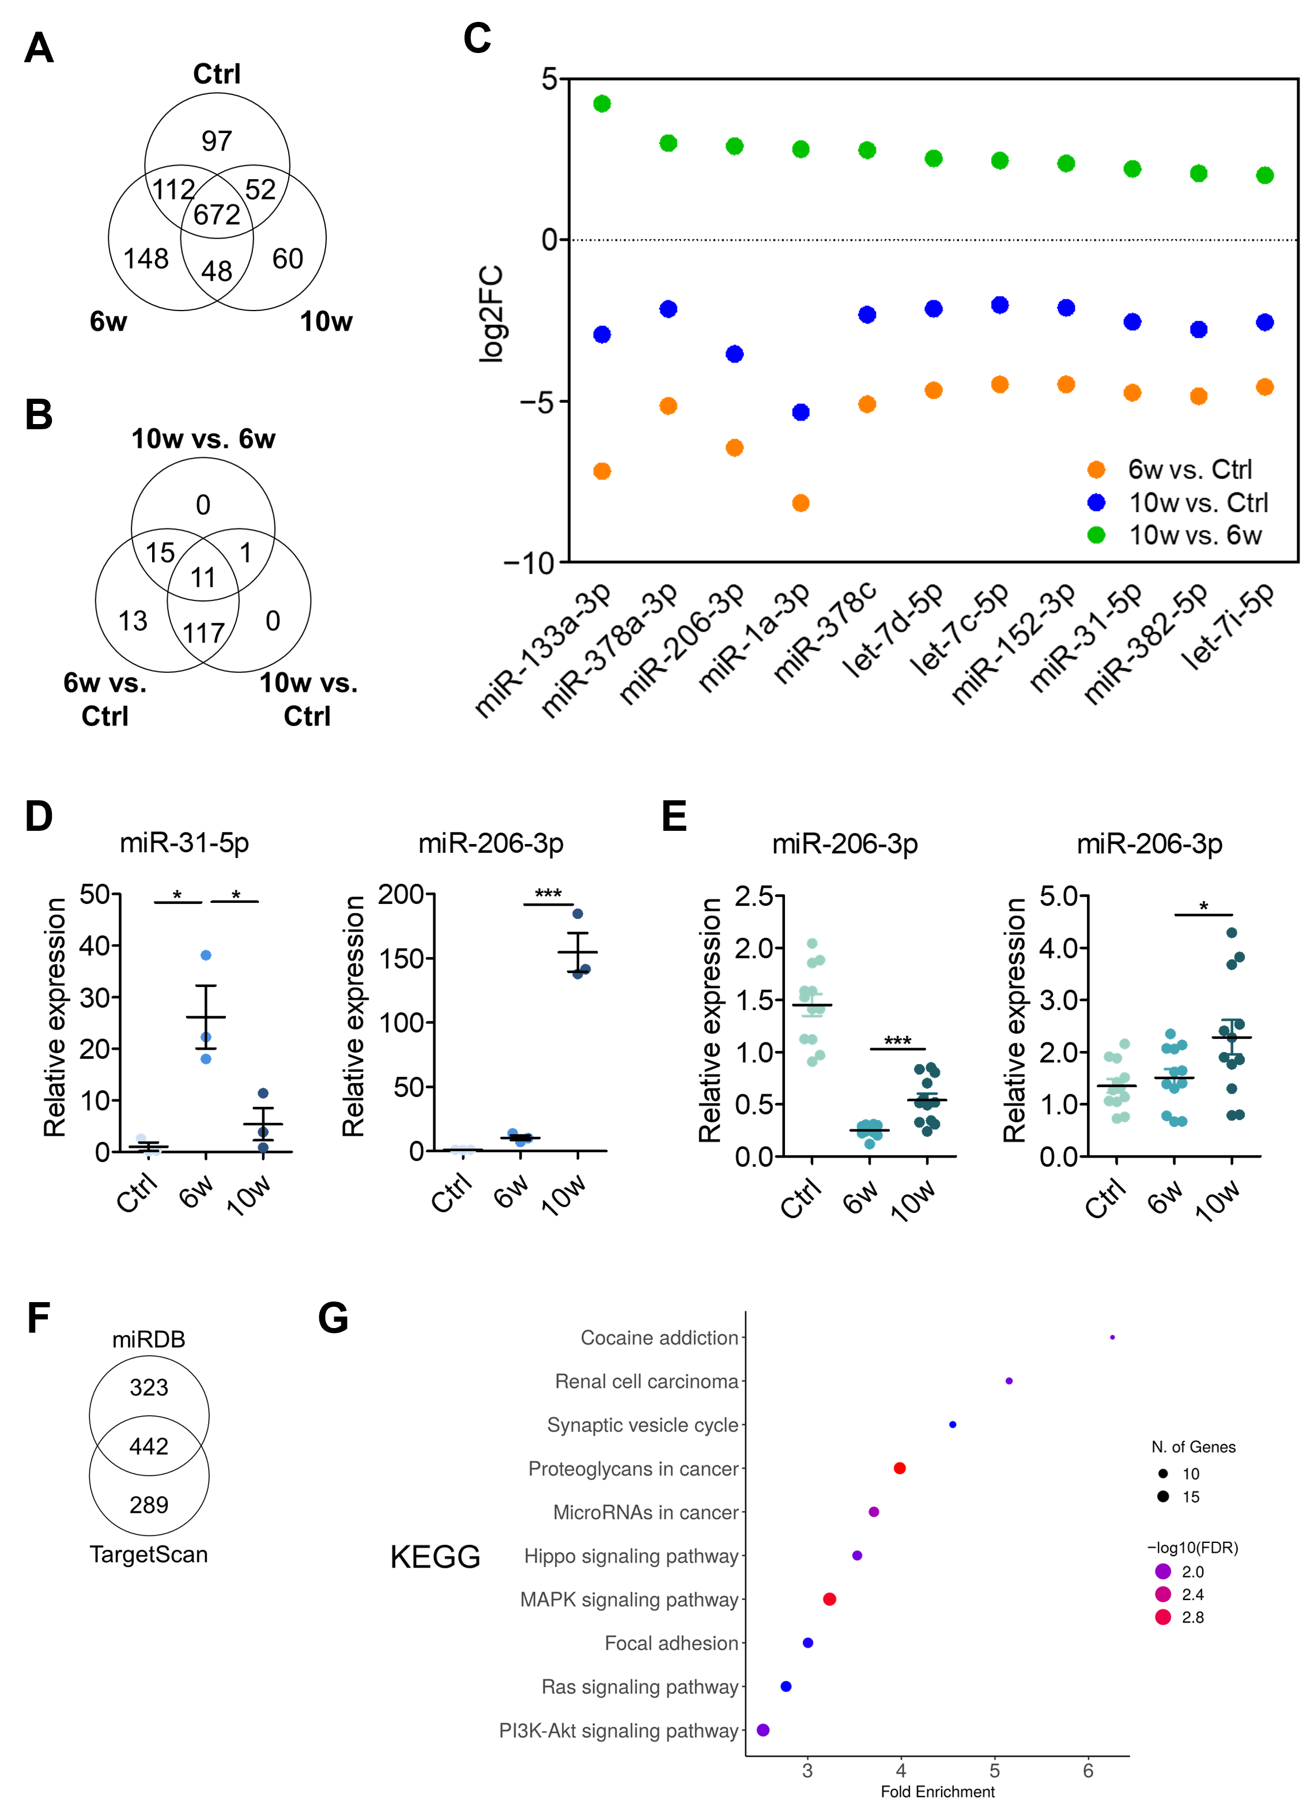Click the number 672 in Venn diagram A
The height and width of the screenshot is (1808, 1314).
[216, 214]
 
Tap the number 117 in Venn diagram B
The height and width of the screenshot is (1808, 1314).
[203, 633]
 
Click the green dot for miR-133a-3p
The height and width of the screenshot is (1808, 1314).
[602, 104]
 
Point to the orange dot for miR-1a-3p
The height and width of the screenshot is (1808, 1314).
[801, 503]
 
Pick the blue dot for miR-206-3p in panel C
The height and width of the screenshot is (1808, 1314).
[734, 354]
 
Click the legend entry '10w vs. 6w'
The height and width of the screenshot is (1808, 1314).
[1194, 535]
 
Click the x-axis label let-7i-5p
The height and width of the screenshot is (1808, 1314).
[1228, 626]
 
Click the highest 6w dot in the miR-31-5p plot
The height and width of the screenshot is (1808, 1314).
[206, 955]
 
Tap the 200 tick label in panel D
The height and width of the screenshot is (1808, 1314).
[401, 894]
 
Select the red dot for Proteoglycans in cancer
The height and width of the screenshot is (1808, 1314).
[900, 1469]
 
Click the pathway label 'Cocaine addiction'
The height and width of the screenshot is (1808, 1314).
[659, 1338]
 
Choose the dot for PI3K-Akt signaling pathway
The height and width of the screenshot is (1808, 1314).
[762, 1730]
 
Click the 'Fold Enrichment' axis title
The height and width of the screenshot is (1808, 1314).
[937, 1792]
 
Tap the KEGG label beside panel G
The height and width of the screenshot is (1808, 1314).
[435, 1557]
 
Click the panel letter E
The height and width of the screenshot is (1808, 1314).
[674, 817]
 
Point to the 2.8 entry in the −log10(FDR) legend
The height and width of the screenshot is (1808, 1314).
[1192, 1617]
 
